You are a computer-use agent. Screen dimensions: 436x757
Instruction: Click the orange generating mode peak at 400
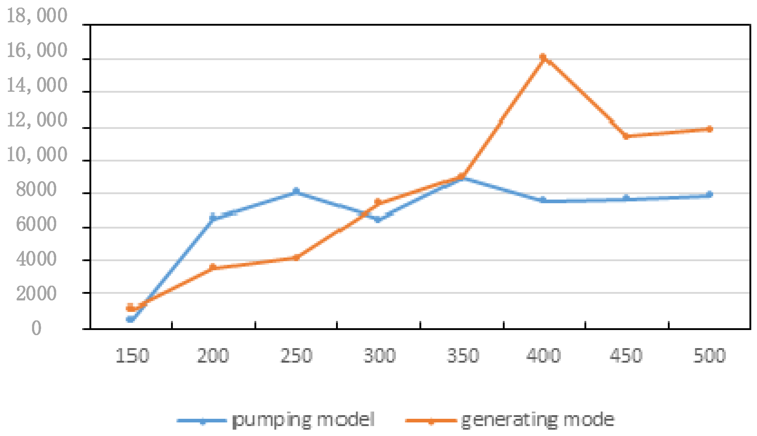(x=543, y=57)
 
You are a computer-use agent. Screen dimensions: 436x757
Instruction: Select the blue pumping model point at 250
(x=296, y=191)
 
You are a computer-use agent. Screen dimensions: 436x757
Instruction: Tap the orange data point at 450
(x=626, y=136)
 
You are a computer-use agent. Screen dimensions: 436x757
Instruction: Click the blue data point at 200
(x=213, y=217)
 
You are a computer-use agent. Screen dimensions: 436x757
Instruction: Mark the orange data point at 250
(x=296, y=258)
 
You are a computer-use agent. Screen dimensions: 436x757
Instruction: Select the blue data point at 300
(x=378, y=220)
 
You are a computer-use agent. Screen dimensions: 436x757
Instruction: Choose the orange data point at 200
(x=213, y=267)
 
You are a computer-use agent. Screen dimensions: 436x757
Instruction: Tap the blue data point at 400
(x=543, y=200)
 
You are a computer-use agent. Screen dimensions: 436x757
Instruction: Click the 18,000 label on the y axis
(x=37, y=16)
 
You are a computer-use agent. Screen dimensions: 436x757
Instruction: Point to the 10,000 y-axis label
(x=37, y=155)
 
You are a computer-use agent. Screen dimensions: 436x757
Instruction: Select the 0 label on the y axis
(x=36, y=328)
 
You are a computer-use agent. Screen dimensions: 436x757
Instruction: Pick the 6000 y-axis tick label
(x=36, y=224)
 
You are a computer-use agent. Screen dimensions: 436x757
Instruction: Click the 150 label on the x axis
(x=132, y=355)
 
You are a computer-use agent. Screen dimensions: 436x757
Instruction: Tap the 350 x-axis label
(x=463, y=355)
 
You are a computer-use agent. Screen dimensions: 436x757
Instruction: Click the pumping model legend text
(x=303, y=420)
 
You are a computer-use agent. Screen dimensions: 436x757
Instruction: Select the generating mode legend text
(x=538, y=420)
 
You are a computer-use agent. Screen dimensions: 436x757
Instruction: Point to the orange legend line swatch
(x=431, y=421)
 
